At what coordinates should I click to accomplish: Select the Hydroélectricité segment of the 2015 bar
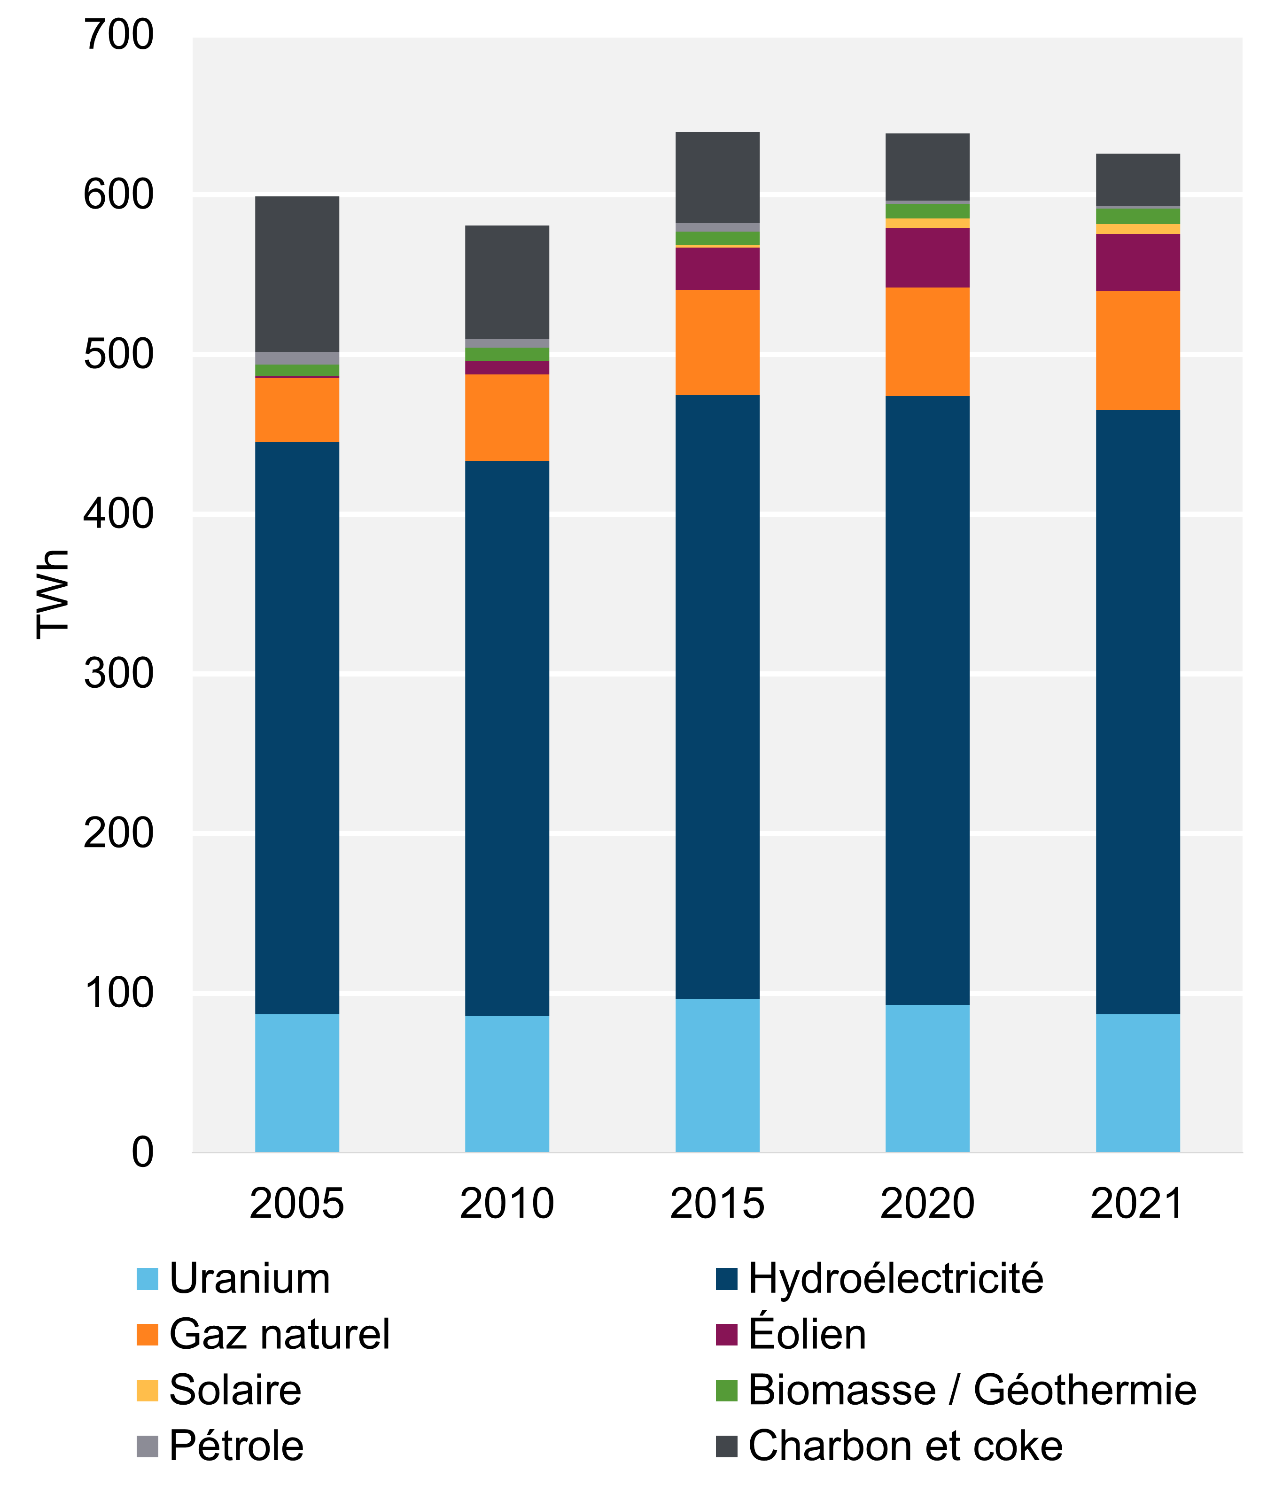[x=717, y=697]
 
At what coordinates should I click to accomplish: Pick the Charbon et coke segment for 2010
[x=506, y=281]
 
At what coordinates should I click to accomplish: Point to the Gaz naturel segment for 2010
[x=506, y=417]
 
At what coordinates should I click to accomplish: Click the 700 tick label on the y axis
[x=118, y=35]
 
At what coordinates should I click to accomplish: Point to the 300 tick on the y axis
[x=118, y=674]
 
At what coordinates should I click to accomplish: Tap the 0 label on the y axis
[x=142, y=1152]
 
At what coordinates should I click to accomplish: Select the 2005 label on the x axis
[x=296, y=1204]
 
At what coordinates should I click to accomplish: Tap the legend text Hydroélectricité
[x=895, y=1279]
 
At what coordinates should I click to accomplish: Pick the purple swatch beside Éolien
[x=726, y=1335]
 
